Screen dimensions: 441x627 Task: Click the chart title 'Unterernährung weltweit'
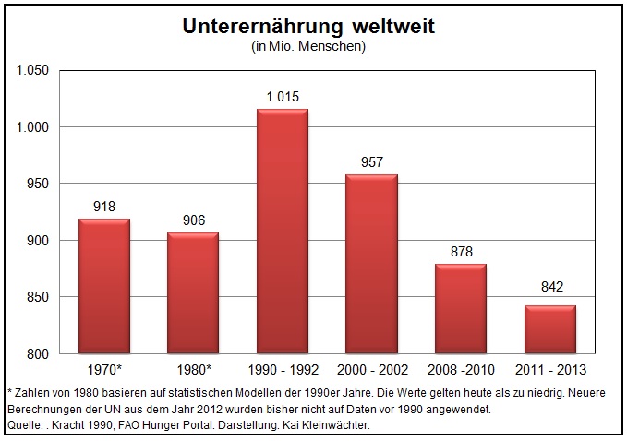tap(308, 27)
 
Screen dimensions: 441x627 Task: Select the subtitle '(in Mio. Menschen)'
tap(308, 46)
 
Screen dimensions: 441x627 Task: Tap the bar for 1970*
tap(104, 286)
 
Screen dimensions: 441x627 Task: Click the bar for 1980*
tap(193, 292)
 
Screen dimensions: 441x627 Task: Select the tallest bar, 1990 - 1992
tap(283, 231)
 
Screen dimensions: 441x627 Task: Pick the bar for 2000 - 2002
tap(371, 264)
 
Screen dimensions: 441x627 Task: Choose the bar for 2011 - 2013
tap(550, 329)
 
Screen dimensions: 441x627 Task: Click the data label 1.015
tap(283, 97)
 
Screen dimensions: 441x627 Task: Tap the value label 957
tap(371, 162)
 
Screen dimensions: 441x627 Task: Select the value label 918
tap(104, 207)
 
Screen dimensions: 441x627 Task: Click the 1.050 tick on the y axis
tap(30, 70)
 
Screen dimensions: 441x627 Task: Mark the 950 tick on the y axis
tap(35, 184)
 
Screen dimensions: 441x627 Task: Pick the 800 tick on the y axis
tap(35, 354)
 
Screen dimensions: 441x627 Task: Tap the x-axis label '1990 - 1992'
tap(283, 370)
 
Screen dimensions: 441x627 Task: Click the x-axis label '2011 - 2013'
tap(550, 370)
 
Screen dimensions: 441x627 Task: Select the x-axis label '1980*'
tap(193, 370)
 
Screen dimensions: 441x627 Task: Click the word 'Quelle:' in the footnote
tap(26, 424)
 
